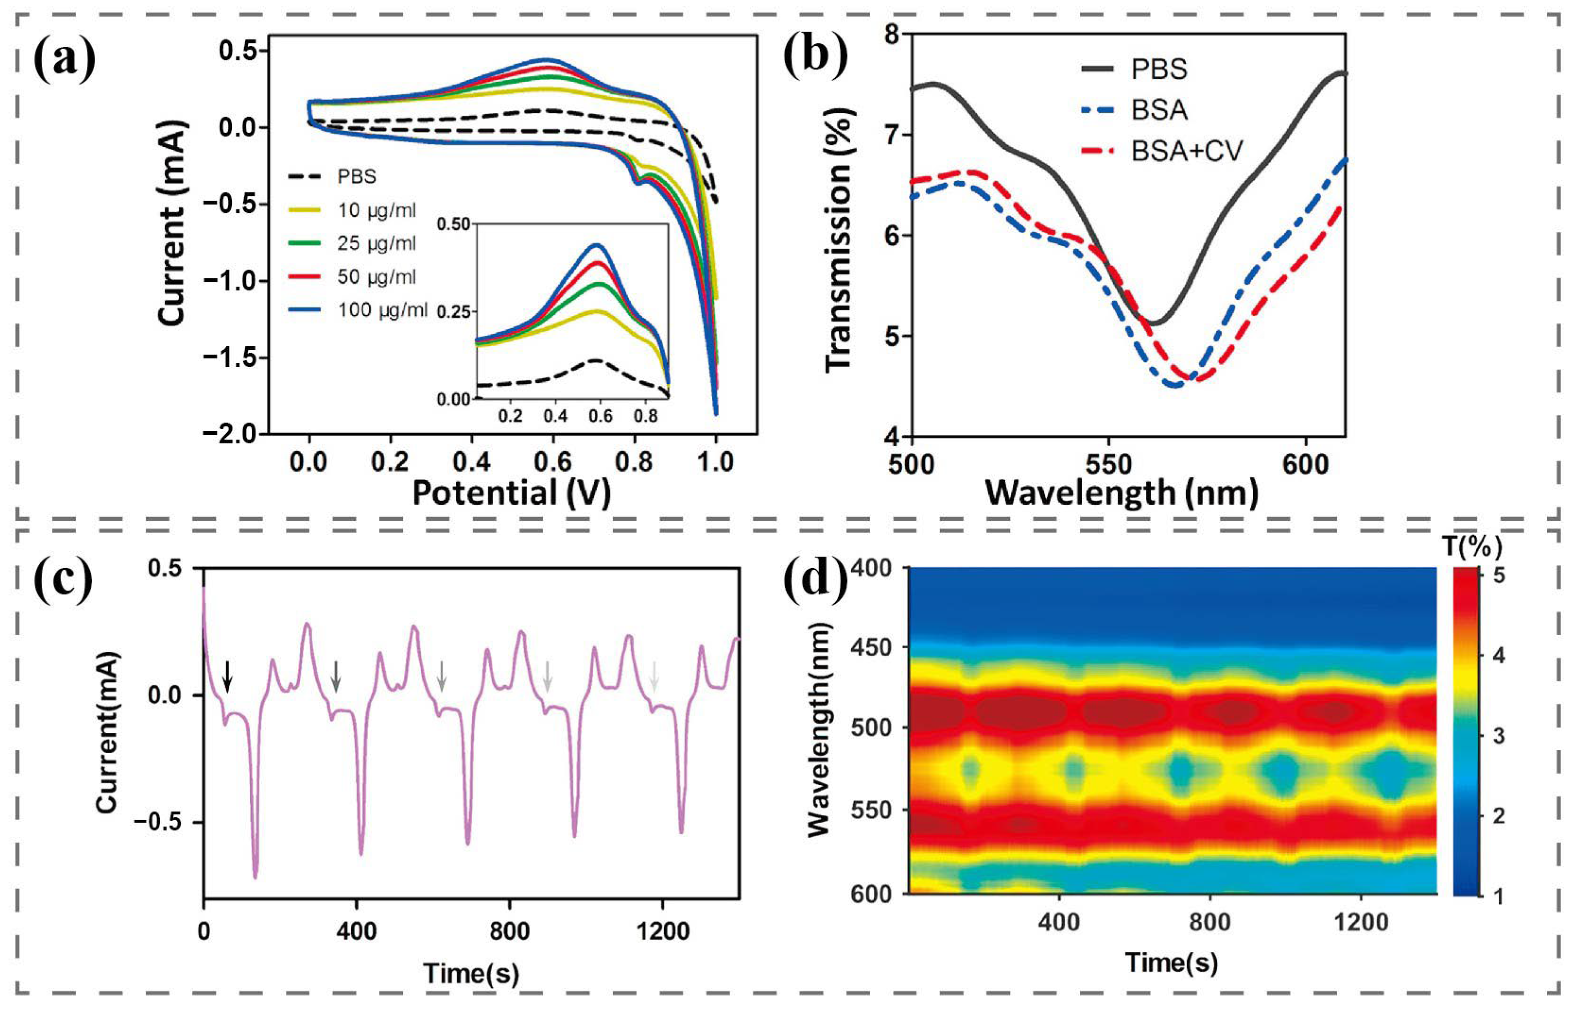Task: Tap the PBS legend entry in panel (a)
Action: coord(356,177)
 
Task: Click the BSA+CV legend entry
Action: coord(1186,152)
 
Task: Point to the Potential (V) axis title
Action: coord(511,492)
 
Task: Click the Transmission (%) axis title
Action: coord(839,240)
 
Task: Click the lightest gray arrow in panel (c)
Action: coord(653,676)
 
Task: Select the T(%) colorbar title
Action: coord(1472,546)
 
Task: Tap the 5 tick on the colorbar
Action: coord(1498,576)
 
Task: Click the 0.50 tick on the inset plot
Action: coord(453,224)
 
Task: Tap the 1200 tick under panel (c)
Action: coord(663,931)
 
